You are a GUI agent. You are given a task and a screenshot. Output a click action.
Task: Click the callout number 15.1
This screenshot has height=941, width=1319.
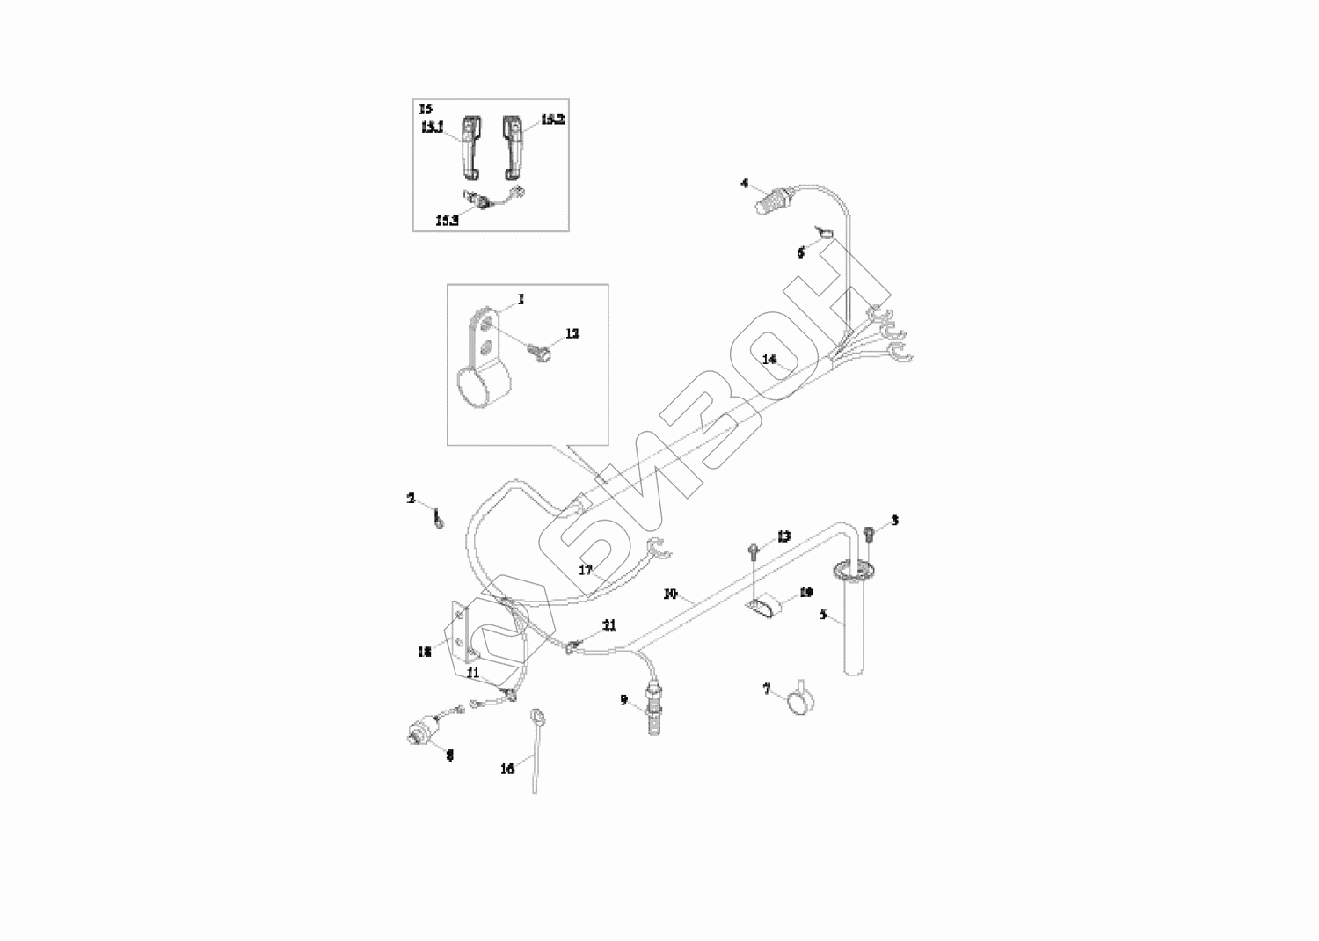(432, 128)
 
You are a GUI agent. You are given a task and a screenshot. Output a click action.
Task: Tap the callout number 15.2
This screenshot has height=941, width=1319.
(552, 119)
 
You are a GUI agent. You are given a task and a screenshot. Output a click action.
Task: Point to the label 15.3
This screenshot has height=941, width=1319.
(447, 221)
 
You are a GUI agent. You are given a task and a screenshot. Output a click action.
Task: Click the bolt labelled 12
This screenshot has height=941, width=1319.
(536, 350)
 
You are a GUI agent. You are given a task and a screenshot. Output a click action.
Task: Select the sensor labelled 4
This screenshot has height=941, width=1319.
(773, 201)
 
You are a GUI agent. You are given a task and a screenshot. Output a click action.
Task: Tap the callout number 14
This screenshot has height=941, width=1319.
(769, 359)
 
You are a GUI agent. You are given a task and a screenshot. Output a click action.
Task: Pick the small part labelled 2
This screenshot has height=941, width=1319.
(438, 522)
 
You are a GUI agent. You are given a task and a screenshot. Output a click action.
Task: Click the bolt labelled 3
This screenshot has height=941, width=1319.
(870, 532)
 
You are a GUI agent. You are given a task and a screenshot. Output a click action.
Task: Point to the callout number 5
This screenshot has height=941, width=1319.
(823, 615)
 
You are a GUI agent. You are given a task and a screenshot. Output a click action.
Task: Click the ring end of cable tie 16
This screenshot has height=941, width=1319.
(535, 715)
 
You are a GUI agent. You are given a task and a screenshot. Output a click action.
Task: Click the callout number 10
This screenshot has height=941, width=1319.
(670, 595)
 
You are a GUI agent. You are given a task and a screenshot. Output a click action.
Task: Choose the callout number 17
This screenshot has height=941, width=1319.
(586, 569)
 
